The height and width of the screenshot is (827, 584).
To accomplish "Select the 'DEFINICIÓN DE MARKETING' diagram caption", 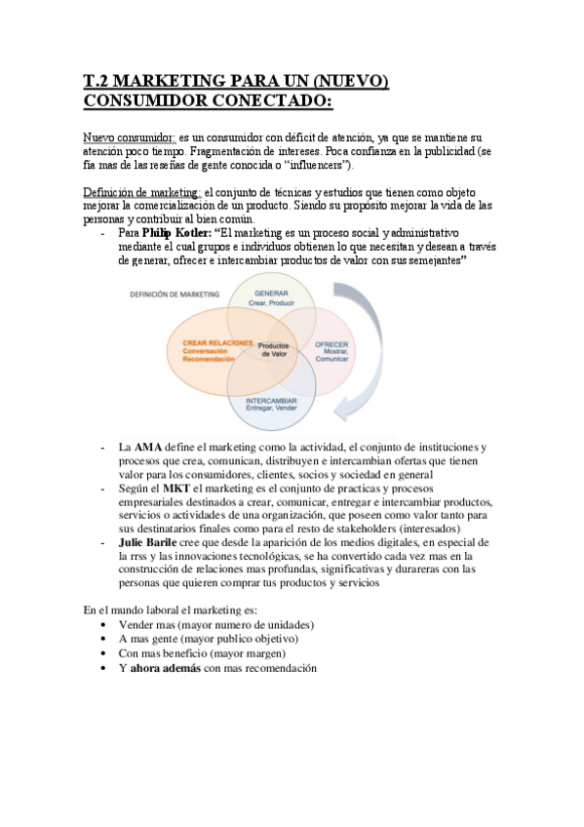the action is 170,294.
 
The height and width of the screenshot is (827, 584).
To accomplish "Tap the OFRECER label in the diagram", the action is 331,345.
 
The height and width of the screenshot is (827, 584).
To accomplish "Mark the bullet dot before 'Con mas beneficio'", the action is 104,654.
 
